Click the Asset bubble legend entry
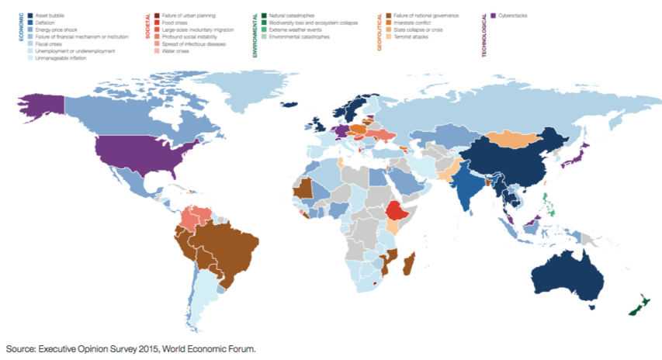tap(47, 16)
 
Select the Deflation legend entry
tap(44, 22)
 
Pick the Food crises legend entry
tap(174, 22)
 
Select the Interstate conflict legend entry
tap(414, 22)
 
